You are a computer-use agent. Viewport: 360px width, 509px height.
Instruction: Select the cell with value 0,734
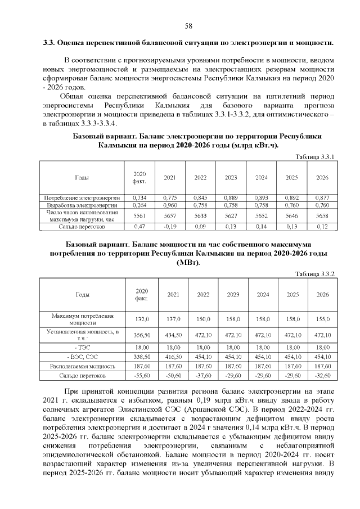pos(139,198)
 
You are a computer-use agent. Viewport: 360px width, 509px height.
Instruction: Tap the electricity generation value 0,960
pos(170,206)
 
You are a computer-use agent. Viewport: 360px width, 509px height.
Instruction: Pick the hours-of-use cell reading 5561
pos(139,216)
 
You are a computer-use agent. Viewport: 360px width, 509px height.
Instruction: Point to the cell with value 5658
pos(322,216)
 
